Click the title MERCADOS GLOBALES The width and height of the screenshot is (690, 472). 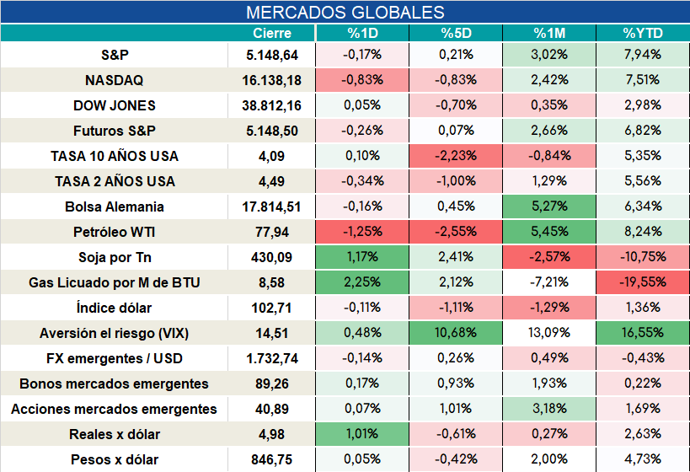[345, 13]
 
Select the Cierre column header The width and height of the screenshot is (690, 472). [272, 33]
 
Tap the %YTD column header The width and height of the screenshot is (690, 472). [643, 33]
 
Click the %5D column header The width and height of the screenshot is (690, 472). [456, 33]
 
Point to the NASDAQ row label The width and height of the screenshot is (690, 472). [115, 80]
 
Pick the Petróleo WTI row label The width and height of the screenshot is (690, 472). [115, 232]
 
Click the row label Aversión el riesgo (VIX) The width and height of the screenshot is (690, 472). [115, 333]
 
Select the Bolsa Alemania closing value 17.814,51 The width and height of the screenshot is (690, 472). [271, 206]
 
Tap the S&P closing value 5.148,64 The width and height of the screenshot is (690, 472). [272, 55]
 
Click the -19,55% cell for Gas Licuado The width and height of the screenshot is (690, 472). [643, 282]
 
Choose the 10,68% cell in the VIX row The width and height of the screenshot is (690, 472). [456, 332]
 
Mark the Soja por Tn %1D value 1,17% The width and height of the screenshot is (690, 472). [362, 257]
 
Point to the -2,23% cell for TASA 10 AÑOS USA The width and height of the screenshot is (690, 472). [456, 155]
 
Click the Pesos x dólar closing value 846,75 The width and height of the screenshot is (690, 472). [271, 459]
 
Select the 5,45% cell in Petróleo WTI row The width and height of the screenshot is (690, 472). [549, 232]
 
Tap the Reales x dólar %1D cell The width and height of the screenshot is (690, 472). [362, 434]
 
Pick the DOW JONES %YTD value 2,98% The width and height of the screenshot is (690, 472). [643, 105]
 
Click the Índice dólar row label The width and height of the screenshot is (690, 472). [115, 308]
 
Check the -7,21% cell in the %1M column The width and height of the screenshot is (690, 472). [549, 282]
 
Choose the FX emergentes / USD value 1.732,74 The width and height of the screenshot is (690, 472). [272, 358]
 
